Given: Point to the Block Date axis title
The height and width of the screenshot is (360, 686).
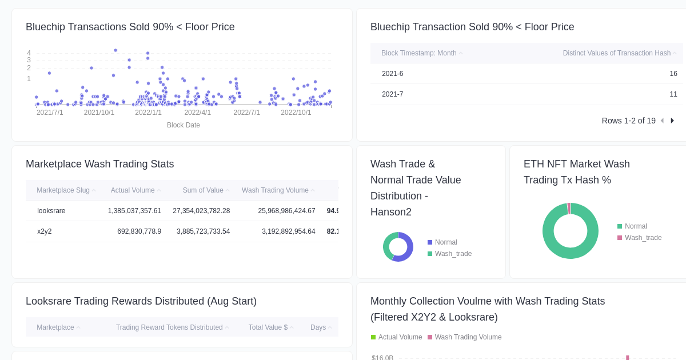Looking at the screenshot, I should [183, 125].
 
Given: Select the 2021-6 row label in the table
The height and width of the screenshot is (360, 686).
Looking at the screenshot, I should [392, 74].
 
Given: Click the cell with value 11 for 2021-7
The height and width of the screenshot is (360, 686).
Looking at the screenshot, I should [673, 94].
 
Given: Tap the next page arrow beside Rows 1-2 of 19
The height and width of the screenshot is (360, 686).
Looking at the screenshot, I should [672, 121].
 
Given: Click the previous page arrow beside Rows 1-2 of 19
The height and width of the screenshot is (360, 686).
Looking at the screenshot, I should [662, 121].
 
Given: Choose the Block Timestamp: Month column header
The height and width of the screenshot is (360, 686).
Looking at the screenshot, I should [418, 53].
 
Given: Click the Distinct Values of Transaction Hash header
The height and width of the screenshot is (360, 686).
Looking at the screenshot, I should [616, 53].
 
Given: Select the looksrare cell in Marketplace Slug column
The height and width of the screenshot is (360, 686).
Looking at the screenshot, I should [51, 211].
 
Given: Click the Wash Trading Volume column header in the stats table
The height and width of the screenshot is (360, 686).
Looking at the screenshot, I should [275, 190].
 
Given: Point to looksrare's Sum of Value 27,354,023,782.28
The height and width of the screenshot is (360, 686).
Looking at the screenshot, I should [201, 211].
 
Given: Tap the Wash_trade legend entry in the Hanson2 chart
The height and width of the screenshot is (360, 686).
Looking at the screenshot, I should [453, 254].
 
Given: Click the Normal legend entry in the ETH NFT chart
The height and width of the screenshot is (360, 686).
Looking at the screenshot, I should [636, 226].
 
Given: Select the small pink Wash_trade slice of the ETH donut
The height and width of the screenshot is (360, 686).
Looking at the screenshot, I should [569, 208].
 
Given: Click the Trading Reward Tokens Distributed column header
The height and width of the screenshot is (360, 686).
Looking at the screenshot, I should [169, 327].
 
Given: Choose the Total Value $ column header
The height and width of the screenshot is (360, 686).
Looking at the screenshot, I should [268, 327].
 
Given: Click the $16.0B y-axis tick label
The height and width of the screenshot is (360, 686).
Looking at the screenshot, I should [382, 358].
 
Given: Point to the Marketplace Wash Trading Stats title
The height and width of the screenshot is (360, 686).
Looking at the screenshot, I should [99, 164].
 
